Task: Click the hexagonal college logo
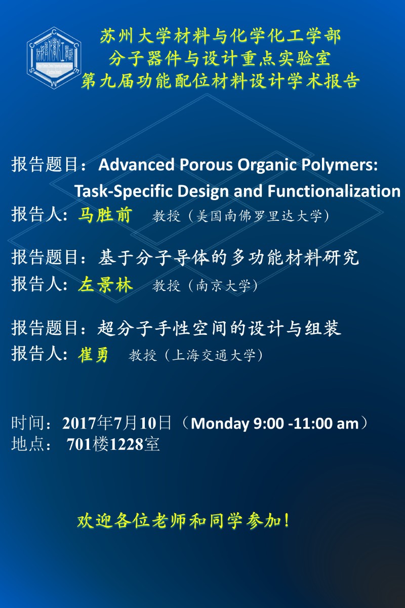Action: click(x=54, y=58)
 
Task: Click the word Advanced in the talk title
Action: click(x=137, y=165)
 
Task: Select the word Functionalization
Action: click(x=334, y=191)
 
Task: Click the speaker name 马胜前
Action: click(x=105, y=215)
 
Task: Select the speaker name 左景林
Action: click(x=105, y=285)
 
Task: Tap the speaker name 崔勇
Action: click(x=93, y=354)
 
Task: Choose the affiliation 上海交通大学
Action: click(x=214, y=355)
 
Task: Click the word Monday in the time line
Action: click(x=220, y=424)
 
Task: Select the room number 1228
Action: click(x=126, y=444)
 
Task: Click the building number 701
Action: click(x=79, y=444)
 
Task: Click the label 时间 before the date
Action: click(x=28, y=423)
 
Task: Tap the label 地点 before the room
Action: click(x=28, y=444)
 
